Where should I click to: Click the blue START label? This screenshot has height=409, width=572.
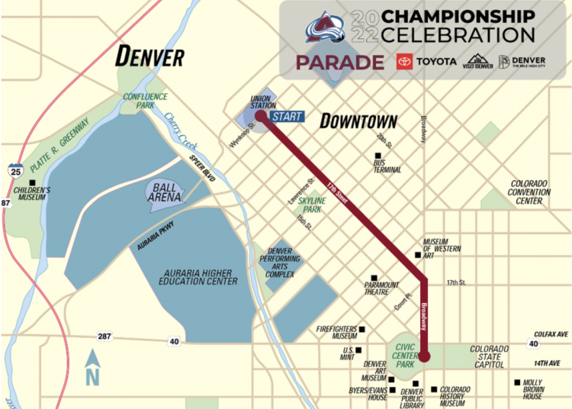(287, 117)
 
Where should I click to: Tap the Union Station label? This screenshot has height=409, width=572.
(263, 101)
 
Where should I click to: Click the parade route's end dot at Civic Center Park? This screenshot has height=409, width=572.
(425, 356)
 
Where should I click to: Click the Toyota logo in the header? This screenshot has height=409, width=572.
(426, 61)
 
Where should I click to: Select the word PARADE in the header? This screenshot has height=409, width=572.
(339, 62)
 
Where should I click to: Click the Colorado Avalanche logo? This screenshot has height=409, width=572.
(326, 27)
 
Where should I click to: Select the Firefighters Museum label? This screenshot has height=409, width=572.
(336, 333)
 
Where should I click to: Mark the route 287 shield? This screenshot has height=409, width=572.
(104, 336)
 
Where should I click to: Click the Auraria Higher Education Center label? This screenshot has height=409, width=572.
(200, 276)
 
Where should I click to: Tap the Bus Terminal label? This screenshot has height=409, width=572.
(387, 166)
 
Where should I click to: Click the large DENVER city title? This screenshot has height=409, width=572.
(149, 56)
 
